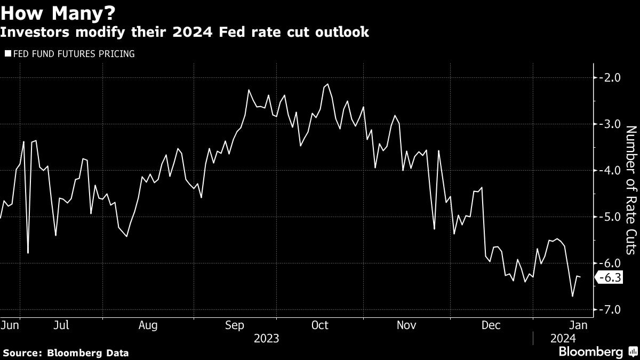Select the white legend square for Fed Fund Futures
(x=7, y=53)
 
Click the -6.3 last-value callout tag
(x=609, y=278)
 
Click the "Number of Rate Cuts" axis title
(x=630, y=190)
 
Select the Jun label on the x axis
(x=10, y=325)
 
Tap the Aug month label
(x=148, y=325)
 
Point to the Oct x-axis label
(x=319, y=325)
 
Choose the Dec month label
(x=491, y=325)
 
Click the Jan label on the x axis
(x=578, y=325)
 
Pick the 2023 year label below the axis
(x=266, y=338)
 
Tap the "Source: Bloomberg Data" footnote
(x=66, y=353)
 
